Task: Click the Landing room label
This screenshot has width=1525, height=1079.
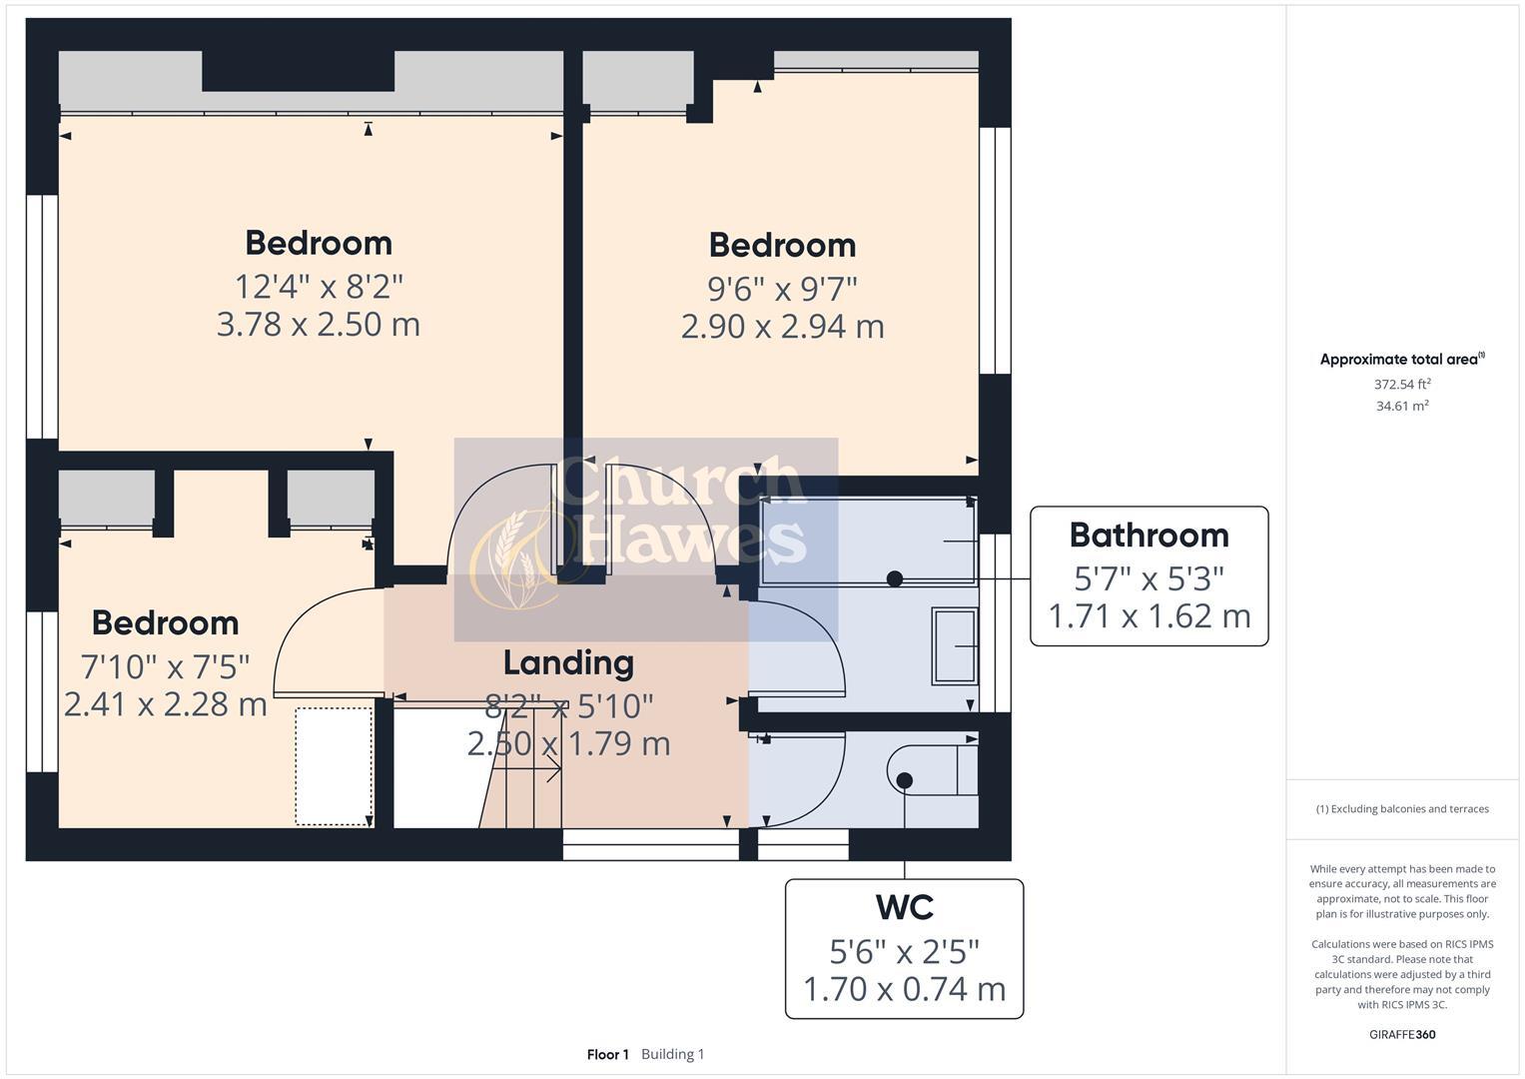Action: [x=568, y=663]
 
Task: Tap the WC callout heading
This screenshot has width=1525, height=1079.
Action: [x=904, y=907]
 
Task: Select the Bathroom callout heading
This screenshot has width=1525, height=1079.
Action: [x=1148, y=536]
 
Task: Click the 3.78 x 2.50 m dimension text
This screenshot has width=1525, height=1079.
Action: [x=319, y=325]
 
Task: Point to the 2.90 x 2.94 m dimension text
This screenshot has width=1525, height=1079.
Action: [x=782, y=327]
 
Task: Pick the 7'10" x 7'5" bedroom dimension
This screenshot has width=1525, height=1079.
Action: [x=165, y=664]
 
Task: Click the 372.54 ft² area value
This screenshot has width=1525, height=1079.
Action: [x=1402, y=384]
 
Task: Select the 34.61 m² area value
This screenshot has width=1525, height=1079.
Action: [x=1402, y=406]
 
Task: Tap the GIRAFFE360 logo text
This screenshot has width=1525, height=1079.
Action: [x=1402, y=1034]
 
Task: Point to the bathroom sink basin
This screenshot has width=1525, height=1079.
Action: [x=955, y=646]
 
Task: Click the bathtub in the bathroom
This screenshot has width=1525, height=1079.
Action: [x=867, y=540]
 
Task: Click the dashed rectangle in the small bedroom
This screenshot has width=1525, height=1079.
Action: [x=334, y=766]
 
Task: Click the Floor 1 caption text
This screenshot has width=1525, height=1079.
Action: [x=607, y=1054]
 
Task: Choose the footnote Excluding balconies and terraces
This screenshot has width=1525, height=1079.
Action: [x=1402, y=809]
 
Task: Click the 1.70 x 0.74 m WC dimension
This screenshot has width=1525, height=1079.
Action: [x=904, y=989]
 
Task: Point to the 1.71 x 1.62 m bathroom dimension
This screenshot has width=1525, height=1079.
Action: [x=1148, y=616]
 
